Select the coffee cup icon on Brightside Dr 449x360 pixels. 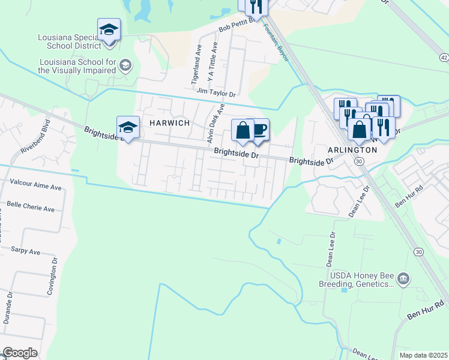pos(259,131)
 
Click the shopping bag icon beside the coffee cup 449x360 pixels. pos(243,131)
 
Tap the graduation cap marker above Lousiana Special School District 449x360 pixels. pos(109,30)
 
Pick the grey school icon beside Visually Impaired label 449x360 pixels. pos(125,65)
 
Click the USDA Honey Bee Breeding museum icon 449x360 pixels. pos(403,278)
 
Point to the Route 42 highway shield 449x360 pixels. pos(444,57)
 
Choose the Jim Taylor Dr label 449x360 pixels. pos(216,92)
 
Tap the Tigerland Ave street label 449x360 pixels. pos(196,66)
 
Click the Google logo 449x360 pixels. pos(20,353)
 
